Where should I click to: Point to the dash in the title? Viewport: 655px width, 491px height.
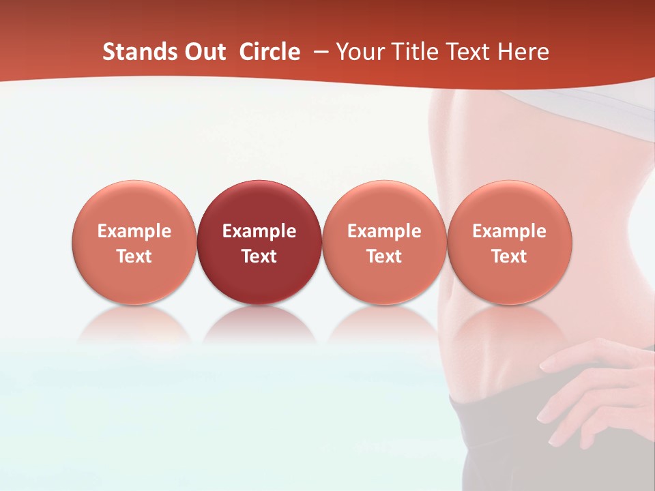(320, 53)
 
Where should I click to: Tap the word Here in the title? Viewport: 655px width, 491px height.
(522, 52)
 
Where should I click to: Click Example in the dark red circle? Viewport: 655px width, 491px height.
(259, 231)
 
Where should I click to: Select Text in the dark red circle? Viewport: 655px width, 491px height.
(259, 256)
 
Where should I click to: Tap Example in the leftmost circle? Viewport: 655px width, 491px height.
(134, 231)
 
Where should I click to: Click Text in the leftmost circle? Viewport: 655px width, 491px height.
(134, 256)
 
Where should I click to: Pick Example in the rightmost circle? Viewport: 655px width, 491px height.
(510, 231)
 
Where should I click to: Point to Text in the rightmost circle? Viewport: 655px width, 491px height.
(510, 256)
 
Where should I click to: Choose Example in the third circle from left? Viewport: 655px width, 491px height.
(384, 231)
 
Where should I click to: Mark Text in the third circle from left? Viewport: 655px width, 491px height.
(384, 256)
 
